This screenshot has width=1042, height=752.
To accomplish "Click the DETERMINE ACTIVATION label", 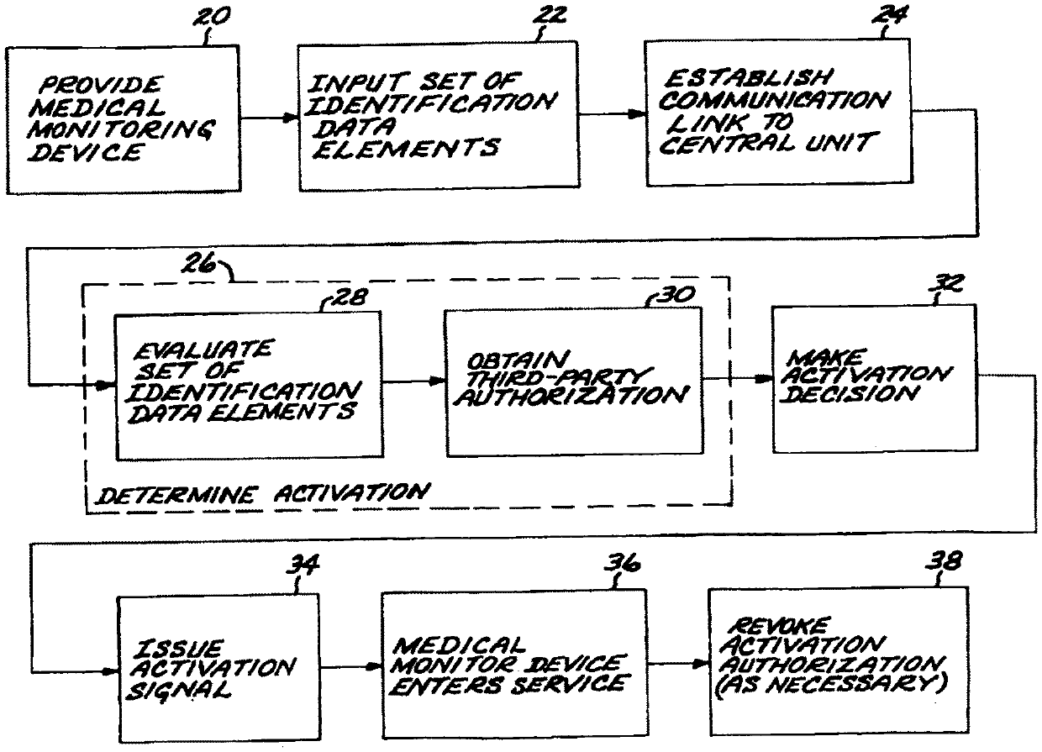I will pos(261,491).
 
